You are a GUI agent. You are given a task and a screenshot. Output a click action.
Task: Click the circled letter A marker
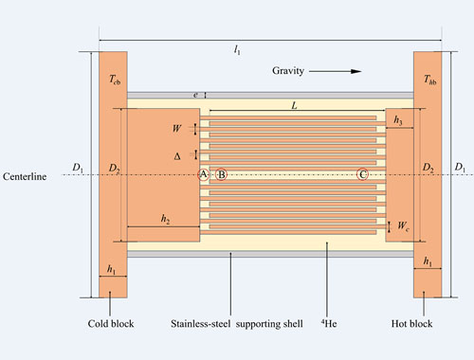tap(204, 174)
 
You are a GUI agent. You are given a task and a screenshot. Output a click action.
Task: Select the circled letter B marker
tap(221, 174)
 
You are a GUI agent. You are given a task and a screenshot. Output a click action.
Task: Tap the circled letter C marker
tap(362, 174)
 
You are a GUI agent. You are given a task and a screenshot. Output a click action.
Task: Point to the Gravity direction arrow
tap(335, 71)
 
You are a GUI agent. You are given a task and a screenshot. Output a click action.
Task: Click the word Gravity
tap(288, 71)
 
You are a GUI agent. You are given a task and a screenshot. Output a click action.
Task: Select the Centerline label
tap(25, 176)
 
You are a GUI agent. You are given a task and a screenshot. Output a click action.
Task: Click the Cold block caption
tap(111, 324)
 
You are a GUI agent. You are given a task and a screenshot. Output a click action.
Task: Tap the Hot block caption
tap(411, 324)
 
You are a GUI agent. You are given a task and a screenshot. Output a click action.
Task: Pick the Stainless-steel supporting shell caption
tap(237, 324)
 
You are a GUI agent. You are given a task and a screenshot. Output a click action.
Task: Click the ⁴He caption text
tap(329, 323)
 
